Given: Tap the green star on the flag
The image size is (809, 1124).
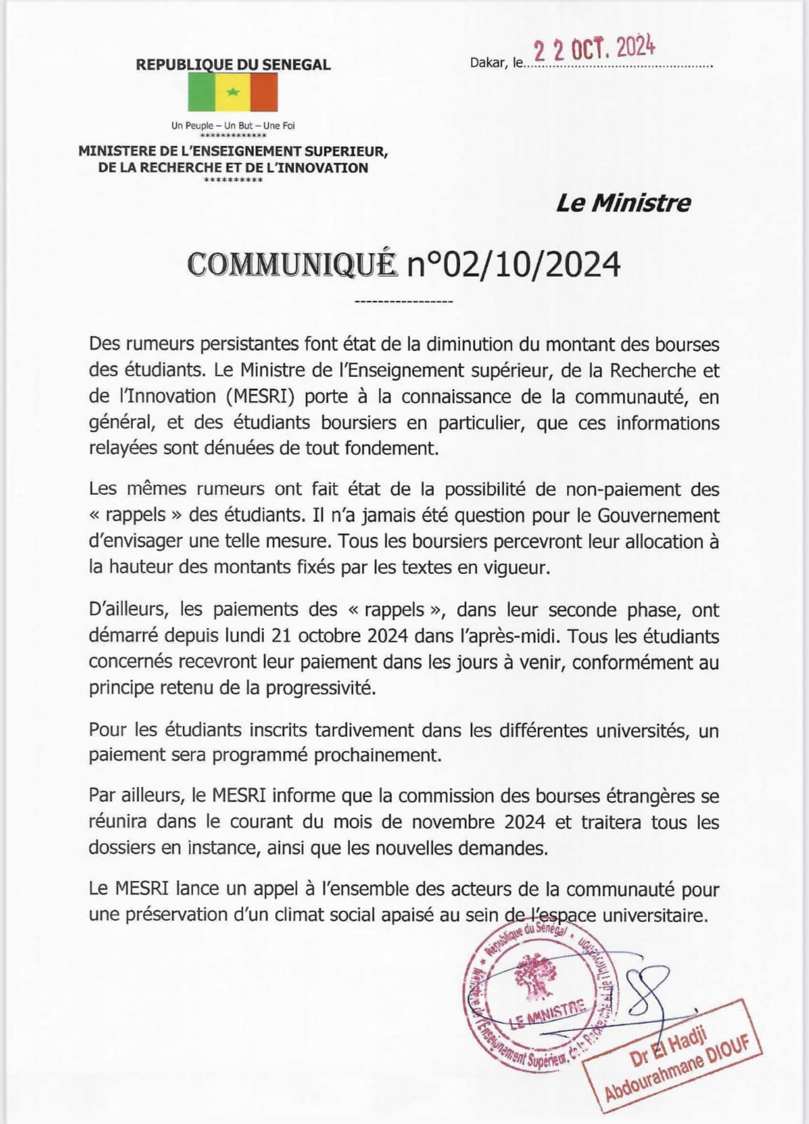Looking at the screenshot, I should tap(233, 92).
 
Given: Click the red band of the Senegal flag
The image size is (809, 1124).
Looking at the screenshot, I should tap(263, 92).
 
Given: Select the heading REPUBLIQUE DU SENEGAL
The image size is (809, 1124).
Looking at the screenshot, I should tap(233, 64).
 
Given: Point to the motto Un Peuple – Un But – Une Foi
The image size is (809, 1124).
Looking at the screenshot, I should tap(233, 125).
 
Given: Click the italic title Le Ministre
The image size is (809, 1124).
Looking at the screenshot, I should tap(623, 203).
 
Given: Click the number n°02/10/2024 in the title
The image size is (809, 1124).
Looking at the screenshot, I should tap(514, 264).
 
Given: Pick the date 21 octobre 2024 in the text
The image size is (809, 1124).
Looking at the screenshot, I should tap(342, 636).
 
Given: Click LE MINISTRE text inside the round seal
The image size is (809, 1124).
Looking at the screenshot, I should tap(547, 1016).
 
